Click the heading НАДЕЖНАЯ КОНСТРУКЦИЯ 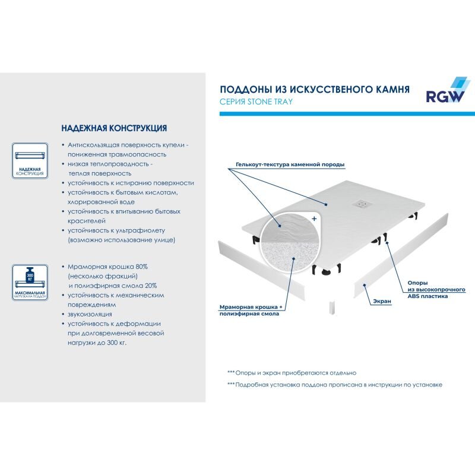click(x=114, y=128)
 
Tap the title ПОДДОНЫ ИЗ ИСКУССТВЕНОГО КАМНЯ click(x=315, y=90)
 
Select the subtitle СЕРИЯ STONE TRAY click(x=256, y=102)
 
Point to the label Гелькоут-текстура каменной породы click(x=290, y=164)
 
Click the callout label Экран click(x=382, y=301)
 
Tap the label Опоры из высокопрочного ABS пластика click(x=436, y=289)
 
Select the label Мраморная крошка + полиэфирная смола click(x=251, y=310)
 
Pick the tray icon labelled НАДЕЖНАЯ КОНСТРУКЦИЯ click(x=30, y=160)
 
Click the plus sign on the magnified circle click(x=314, y=218)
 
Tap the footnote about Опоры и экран click(x=292, y=373)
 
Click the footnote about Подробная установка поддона click(x=335, y=385)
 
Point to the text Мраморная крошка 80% click(x=107, y=267)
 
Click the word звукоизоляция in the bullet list click(x=90, y=314)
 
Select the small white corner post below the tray click(x=332, y=308)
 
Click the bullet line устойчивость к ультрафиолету click(x=116, y=230)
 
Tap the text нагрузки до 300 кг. click(x=97, y=343)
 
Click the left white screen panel click(x=261, y=271)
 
